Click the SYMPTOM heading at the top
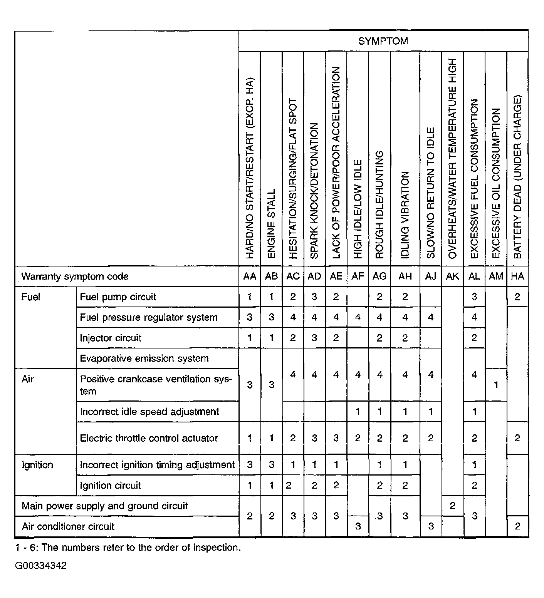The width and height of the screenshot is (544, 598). click(383, 41)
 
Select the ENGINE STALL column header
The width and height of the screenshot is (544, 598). click(272, 223)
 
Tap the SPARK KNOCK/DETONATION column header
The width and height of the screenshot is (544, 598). click(314, 191)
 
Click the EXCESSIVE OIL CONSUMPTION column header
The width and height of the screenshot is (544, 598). click(496, 183)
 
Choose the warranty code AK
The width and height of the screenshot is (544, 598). click(452, 276)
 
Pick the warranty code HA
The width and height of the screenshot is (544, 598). click(517, 276)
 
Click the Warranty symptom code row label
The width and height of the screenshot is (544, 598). click(75, 276)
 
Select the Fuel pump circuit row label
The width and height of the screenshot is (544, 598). click(118, 297)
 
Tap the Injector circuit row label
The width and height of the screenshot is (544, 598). click(111, 338)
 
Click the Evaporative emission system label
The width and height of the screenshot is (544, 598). click(144, 358)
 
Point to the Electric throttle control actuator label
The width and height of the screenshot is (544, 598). click(149, 438)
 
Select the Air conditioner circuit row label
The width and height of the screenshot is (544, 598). click(68, 526)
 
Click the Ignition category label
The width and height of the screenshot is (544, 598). click(37, 465)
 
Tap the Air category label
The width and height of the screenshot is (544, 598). click(28, 379)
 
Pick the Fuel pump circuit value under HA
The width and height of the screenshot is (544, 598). click(517, 297)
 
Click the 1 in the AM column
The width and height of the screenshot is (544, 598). click(496, 385)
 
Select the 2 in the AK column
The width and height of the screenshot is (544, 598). click(452, 506)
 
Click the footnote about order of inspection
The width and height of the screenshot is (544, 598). click(128, 548)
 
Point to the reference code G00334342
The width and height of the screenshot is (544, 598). click(41, 566)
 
